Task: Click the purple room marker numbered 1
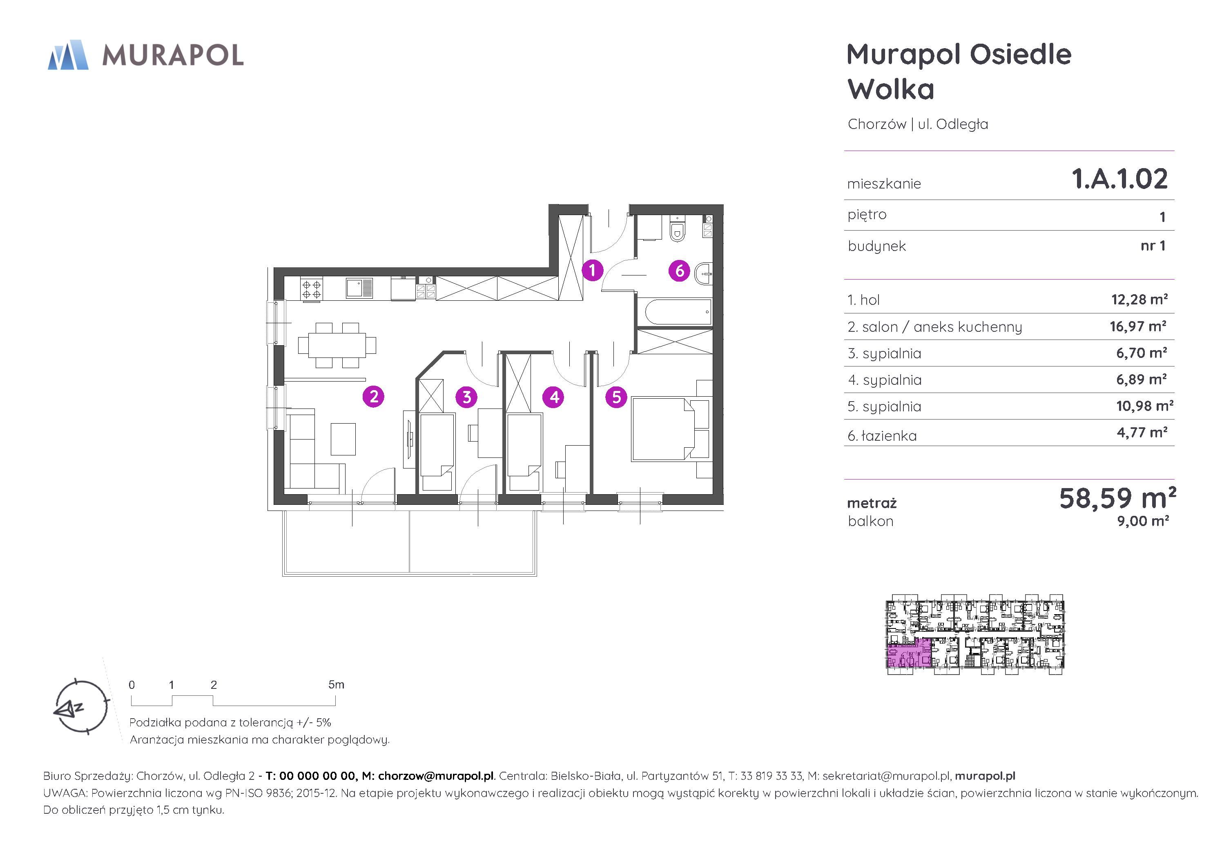[592, 270]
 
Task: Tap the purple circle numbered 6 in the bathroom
[680, 271]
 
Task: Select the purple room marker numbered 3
[466, 397]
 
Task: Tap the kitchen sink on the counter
[359, 288]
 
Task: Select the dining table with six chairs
[337, 345]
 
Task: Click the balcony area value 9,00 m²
[1143, 521]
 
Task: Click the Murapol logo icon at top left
[68, 54]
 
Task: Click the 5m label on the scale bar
[336, 684]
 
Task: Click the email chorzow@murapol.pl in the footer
[436, 776]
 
